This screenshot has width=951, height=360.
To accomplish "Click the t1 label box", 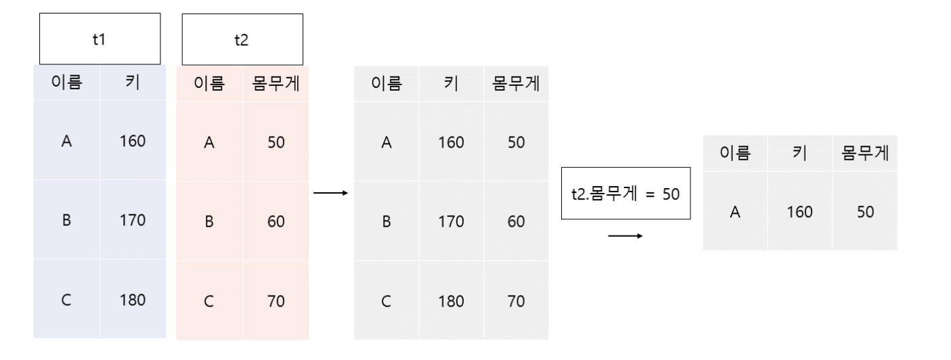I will pyautogui.click(x=100, y=39).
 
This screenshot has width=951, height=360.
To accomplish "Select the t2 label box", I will pyautogui.click(x=242, y=39).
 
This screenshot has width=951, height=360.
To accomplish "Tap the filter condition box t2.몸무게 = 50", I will pyautogui.click(x=625, y=193).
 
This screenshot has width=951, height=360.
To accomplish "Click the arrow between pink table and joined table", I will pyautogui.click(x=331, y=194).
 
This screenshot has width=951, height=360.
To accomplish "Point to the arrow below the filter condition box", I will pyautogui.click(x=625, y=237).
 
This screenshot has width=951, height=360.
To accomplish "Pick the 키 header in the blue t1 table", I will pyautogui.click(x=133, y=84).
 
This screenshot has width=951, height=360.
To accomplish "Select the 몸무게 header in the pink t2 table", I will pyautogui.click(x=275, y=84).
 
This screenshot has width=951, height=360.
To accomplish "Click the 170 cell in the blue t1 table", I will pyautogui.click(x=133, y=221).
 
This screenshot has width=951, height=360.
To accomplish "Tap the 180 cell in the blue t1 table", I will pyautogui.click(x=133, y=300).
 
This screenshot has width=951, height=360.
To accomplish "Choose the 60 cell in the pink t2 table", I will pyautogui.click(x=275, y=221).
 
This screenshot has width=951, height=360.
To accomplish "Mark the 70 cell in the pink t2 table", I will pyautogui.click(x=275, y=300).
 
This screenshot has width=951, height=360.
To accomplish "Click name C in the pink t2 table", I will pyautogui.click(x=209, y=300).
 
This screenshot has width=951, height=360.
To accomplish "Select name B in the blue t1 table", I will pyautogui.click(x=66, y=221).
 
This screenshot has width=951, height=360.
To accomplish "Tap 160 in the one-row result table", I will pyautogui.click(x=800, y=212).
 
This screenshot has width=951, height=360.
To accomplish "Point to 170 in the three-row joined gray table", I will pyautogui.click(x=451, y=221).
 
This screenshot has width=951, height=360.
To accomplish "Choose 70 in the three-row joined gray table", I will pyautogui.click(x=516, y=300).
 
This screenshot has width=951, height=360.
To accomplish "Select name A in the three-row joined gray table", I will pyautogui.click(x=386, y=143).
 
